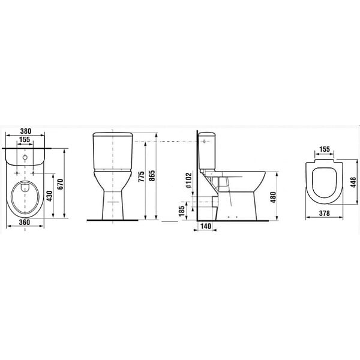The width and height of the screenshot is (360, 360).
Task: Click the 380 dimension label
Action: click(x=25, y=131)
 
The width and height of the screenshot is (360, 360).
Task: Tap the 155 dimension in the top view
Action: click(x=25, y=140)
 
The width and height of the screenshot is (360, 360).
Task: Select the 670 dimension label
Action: click(x=60, y=184)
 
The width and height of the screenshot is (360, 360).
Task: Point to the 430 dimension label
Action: click(x=49, y=196)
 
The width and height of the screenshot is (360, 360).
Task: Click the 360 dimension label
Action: click(x=25, y=222)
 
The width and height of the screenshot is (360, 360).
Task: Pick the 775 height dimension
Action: click(x=142, y=176)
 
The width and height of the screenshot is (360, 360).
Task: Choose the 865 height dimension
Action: click(x=152, y=176)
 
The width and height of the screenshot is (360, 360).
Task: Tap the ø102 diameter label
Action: click(x=189, y=180)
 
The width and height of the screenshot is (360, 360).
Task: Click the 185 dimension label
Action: click(x=182, y=211)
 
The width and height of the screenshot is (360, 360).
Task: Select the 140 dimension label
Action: click(x=206, y=226)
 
